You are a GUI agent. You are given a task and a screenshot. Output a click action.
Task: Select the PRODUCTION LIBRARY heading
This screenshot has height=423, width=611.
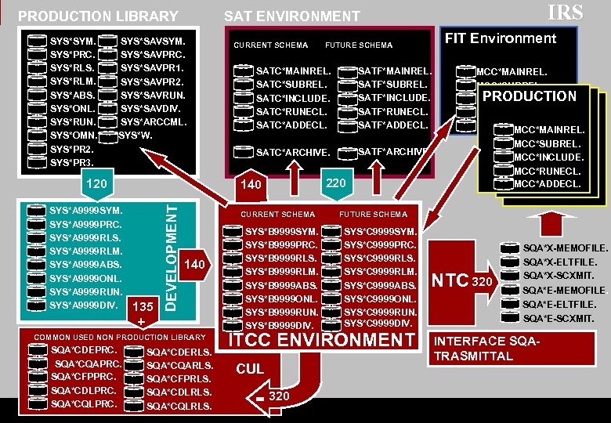pyautogui.click(x=98, y=16)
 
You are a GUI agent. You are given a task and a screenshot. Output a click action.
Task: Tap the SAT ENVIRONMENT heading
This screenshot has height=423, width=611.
pyautogui.click(x=292, y=16)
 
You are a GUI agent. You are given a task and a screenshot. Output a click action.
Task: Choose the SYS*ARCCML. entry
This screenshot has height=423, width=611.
pyautogui.click(x=154, y=121)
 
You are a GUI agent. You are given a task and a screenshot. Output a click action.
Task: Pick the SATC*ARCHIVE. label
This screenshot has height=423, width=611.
pyautogui.click(x=293, y=152)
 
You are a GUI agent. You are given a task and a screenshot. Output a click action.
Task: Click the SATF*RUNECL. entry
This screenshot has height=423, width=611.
pyautogui.click(x=392, y=112)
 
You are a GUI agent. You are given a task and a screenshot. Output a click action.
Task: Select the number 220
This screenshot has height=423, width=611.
pyautogui.click(x=336, y=183)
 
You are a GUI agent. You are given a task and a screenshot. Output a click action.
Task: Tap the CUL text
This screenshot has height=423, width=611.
pyautogui.click(x=250, y=369)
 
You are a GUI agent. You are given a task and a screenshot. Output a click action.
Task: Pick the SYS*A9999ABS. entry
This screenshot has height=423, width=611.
pyautogui.click(x=85, y=264)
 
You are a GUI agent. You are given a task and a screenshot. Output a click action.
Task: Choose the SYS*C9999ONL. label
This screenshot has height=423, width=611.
pyautogui.click(x=381, y=298)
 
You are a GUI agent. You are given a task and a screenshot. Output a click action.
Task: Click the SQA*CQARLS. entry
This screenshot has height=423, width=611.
pyautogui.click(x=179, y=366)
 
